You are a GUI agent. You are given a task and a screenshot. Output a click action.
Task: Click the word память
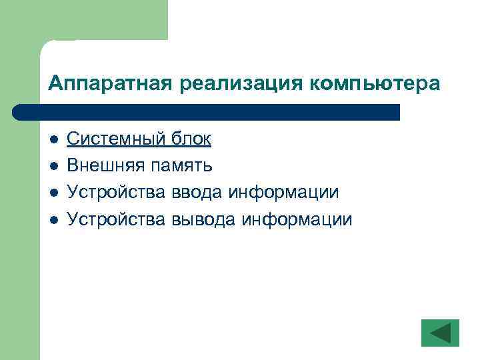tap(181, 165)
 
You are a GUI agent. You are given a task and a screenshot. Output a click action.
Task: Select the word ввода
tap(193, 192)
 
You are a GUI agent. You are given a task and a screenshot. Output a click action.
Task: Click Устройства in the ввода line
tap(110, 192)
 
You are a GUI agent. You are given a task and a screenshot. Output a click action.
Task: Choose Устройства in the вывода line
tap(110, 219)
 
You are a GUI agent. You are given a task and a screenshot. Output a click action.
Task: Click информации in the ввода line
tap(283, 192)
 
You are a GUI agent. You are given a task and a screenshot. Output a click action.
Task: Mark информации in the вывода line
tap(296, 219)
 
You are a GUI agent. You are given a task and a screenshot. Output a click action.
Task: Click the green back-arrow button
tap(440, 333)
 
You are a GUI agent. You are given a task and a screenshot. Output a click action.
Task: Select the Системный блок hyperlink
tap(139, 139)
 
